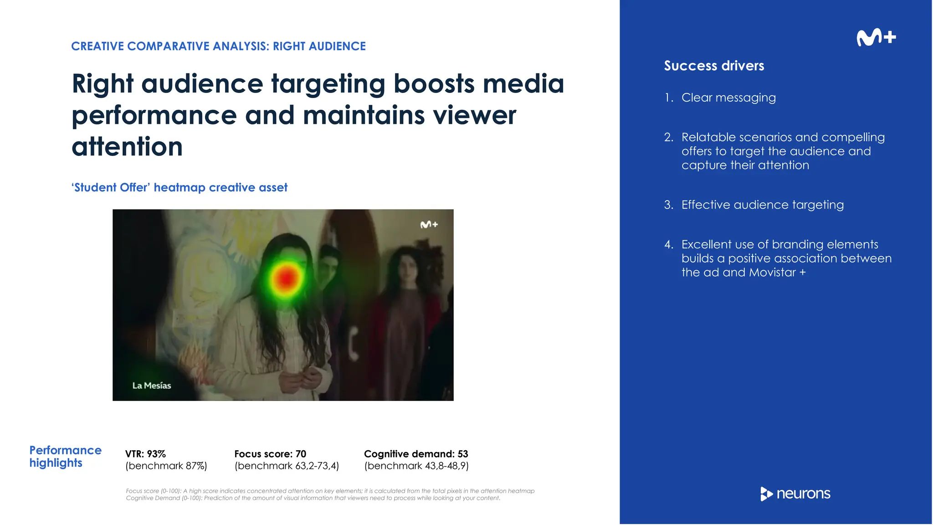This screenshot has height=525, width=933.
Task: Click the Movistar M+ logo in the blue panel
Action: point(876,37)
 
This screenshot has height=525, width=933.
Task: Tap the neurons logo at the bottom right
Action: point(795,494)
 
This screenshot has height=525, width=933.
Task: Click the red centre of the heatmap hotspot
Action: point(286,278)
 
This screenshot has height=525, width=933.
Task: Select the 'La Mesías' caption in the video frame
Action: point(152,386)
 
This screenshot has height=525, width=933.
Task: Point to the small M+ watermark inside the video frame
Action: point(429,225)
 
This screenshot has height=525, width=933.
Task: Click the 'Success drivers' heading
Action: point(714,66)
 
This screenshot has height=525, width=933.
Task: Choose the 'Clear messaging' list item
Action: point(728,98)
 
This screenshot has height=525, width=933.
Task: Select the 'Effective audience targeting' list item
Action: point(762,205)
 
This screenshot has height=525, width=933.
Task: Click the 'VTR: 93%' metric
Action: point(145,454)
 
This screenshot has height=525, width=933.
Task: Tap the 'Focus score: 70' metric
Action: point(270,454)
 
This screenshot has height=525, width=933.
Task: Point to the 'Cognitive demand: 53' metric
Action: point(416,454)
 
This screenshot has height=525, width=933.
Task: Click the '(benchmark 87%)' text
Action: point(166,466)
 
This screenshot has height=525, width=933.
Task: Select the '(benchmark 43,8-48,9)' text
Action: point(416,466)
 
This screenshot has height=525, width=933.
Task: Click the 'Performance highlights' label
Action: point(65,456)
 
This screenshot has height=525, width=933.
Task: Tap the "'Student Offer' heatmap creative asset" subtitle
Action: point(179,187)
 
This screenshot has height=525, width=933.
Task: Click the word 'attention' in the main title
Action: point(127,147)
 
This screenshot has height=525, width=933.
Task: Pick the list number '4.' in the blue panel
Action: point(668,245)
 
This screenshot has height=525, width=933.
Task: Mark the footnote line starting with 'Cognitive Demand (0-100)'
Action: point(313,498)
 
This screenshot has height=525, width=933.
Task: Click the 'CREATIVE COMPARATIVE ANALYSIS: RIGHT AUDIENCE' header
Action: point(218,46)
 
